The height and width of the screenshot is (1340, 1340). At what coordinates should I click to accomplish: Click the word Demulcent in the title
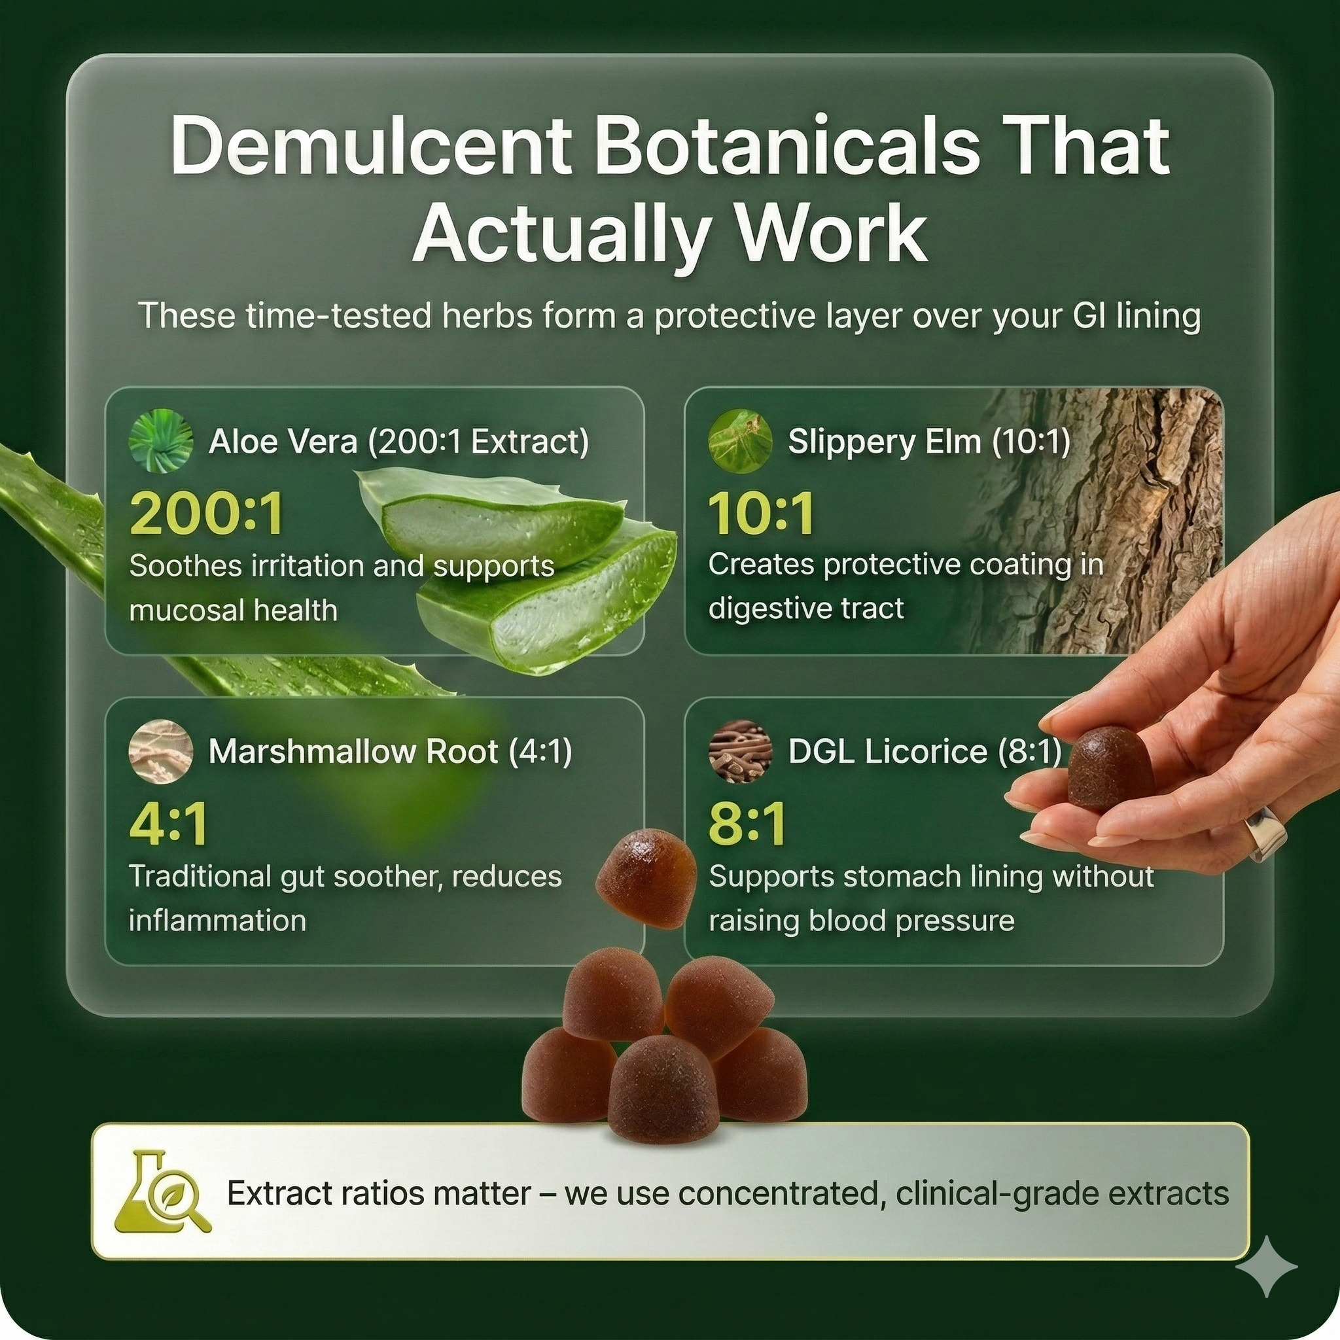pyautogui.click(x=371, y=147)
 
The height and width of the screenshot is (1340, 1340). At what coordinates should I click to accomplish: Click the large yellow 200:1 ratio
pyautogui.click(x=207, y=514)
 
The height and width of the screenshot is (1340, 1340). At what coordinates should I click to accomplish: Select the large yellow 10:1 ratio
pyautogui.click(x=761, y=514)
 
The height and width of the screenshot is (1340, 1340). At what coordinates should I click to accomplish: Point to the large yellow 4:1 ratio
pyautogui.click(x=169, y=824)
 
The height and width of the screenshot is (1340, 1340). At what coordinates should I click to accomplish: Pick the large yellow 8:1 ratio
pyautogui.click(x=748, y=824)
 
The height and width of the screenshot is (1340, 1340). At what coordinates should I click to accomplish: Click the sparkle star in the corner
pyautogui.click(x=1266, y=1266)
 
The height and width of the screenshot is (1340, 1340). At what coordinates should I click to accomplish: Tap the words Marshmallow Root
pyautogui.click(x=353, y=751)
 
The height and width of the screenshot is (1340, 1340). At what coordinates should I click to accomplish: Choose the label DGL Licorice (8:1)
pyautogui.click(x=925, y=752)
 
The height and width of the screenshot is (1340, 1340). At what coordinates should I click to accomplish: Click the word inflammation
pyautogui.click(x=217, y=921)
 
